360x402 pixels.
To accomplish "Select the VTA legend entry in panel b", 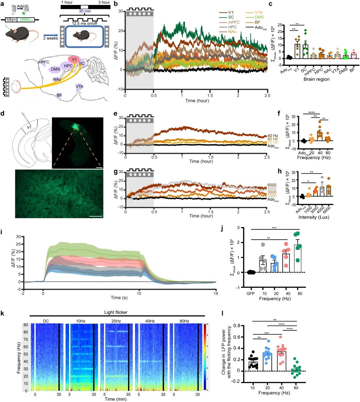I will point(259,13).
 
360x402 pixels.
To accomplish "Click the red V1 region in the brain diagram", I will point(74,59).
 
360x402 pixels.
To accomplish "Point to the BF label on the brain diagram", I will point(59,95).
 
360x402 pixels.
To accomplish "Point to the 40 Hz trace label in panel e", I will point(272,136).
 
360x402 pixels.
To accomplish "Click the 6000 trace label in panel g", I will point(272,185).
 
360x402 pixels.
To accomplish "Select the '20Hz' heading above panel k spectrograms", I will point(116,321).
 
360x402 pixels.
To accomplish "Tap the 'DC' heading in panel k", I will point(46,321).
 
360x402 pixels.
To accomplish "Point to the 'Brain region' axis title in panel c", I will point(316,79).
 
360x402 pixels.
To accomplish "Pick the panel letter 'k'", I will point(3,314).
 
